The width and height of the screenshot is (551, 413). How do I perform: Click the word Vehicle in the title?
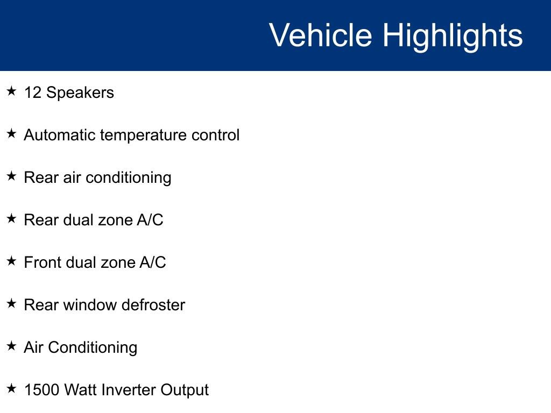[320, 35]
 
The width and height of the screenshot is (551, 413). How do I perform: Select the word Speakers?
[80, 93]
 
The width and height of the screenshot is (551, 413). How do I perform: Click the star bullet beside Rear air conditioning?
[12, 176]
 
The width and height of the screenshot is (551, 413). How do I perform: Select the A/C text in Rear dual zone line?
[151, 220]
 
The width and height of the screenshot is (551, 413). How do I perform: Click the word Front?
[43, 262]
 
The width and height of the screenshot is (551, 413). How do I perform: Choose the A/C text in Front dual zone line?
[153, 262]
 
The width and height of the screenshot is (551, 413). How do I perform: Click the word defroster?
[153, 305]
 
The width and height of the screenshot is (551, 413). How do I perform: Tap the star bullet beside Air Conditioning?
[12, 346]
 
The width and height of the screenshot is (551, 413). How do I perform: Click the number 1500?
[41, 390]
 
